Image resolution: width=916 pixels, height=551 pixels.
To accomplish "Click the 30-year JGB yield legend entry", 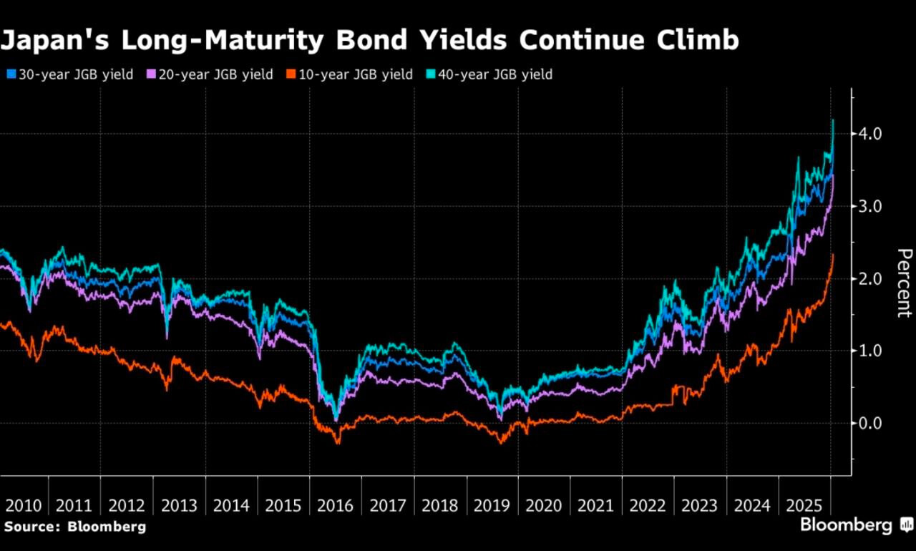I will [70, 74].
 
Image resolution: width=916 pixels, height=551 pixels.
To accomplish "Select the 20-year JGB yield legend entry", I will [210, 74].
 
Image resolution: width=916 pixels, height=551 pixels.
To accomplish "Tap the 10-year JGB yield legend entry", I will [350, 74].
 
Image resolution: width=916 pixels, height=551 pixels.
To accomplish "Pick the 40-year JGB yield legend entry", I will [489, 74].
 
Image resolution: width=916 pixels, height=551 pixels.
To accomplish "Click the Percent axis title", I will [904, 283].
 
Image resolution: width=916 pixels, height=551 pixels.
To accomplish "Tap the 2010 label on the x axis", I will [23, 505].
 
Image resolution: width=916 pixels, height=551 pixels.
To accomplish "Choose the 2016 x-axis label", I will [335, 505].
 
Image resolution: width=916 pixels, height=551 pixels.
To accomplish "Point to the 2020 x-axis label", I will [544, 505].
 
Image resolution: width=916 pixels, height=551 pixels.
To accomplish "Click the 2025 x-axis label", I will [804, 505].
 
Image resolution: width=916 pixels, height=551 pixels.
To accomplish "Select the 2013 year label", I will [179, 505].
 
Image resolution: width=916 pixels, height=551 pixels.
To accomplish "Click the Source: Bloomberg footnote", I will [74, 527].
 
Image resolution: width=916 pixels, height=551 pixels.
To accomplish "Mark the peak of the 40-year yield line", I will [833, 120].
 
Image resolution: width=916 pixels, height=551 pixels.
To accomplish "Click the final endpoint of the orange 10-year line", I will [833, 255].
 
